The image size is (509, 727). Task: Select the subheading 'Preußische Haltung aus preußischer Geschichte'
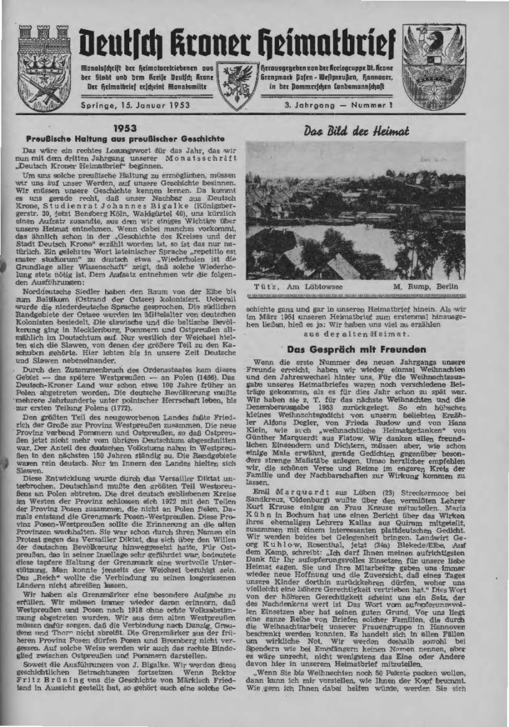125,139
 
